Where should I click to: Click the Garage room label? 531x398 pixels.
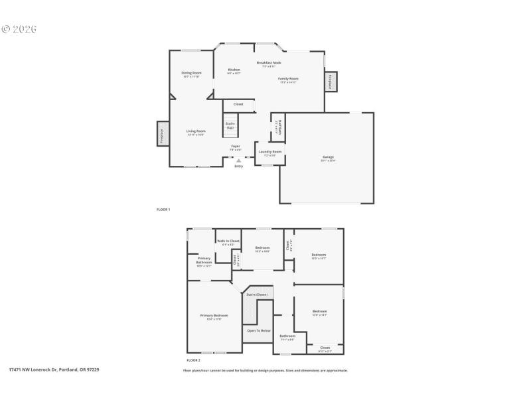(328, 157)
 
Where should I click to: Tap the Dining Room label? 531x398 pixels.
(192, 73)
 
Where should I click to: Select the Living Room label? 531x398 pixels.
(195, 131)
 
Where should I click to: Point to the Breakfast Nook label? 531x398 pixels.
(269, 63)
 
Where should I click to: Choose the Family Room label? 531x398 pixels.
(288, 79)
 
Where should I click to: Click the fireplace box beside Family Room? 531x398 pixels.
(330, 82)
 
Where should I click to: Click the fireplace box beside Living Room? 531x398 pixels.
(162, 134)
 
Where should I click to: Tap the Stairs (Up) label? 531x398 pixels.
(230, 125)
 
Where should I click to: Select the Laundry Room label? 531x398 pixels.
(269, 152)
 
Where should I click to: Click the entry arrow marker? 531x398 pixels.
(238, 161)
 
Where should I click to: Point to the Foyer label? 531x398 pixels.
(235, 147)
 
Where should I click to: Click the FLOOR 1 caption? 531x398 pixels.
(163, 210)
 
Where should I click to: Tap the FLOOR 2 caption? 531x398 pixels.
(194, 360)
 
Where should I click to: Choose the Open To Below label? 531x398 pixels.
(258, 330)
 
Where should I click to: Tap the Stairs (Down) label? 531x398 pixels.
(256, 294)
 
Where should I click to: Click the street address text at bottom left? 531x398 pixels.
(54, 369)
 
